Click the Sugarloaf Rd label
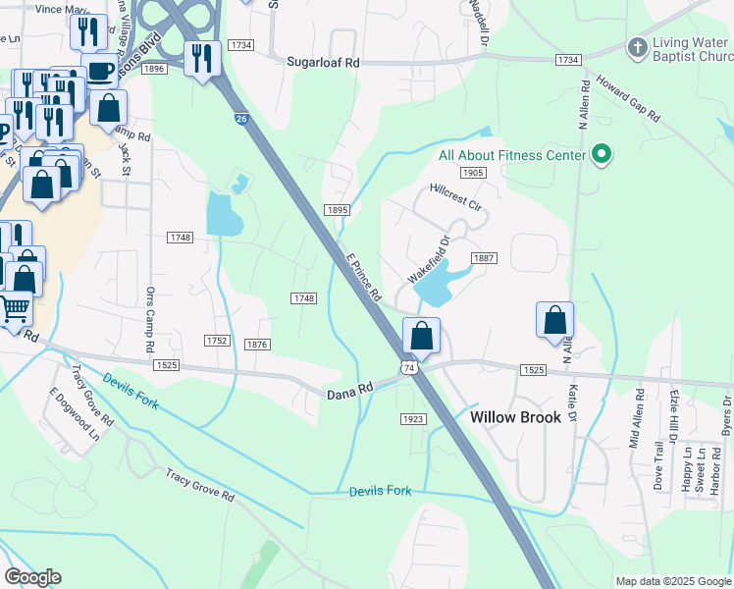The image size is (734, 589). click(324, 61)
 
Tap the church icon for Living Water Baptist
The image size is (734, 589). click(637, 47)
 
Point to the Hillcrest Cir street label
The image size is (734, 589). click(456, 196)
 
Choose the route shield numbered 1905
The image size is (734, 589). click(472, 173)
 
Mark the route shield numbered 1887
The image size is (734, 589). click(484, 258)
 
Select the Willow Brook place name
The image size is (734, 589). click(515, 417)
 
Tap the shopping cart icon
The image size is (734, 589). click(15, 308)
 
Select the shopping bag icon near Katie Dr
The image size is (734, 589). click(554, 319)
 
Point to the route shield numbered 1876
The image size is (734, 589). click(258, 345)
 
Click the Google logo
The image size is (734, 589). click(32, 577)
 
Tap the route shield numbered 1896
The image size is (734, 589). click(153, 69)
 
